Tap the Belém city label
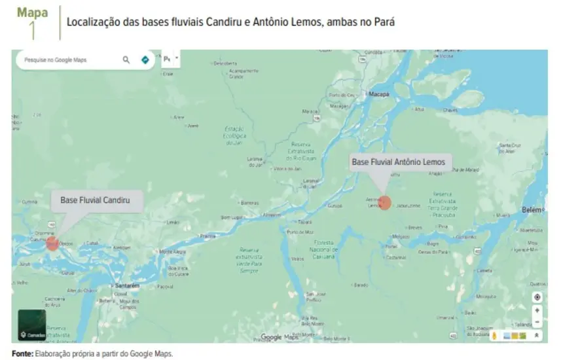(x=532, y=209)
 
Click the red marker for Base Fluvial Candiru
(x=52, y=243)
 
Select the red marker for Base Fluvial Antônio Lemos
(x=385, y=202)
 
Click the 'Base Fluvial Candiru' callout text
(x=96, y=200)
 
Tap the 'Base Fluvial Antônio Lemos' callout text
(x=398, y=162)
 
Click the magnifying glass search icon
(x=126, y=60)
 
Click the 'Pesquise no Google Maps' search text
(x=56, y=60)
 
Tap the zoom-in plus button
(x=537, y=311)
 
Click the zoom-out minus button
(x=537, y=321)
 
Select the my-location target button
(x=537, y=297)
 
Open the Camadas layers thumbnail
(x=32, y=325)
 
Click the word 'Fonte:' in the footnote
(x=22, y=353)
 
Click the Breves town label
(x=415, y=228)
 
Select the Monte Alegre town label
(x=173, y=251)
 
